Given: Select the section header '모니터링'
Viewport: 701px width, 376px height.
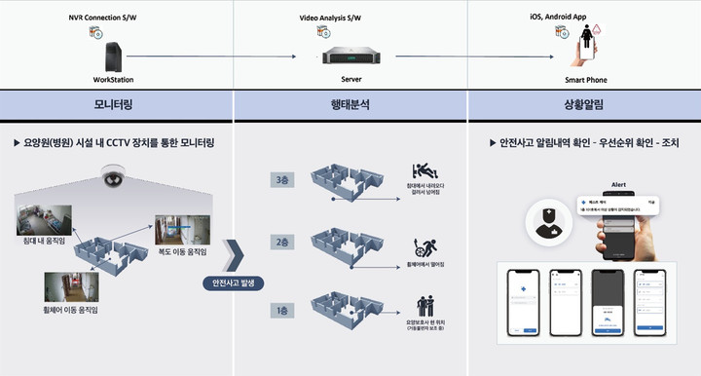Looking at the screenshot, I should coord(115,103).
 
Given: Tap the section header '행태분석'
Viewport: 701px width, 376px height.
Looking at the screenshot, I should coord(350,103).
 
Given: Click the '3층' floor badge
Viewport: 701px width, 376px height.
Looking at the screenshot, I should coord(281,179).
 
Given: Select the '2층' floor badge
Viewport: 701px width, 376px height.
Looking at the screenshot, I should coord(281,242).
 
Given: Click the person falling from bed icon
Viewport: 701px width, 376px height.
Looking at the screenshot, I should coord(423,170).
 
